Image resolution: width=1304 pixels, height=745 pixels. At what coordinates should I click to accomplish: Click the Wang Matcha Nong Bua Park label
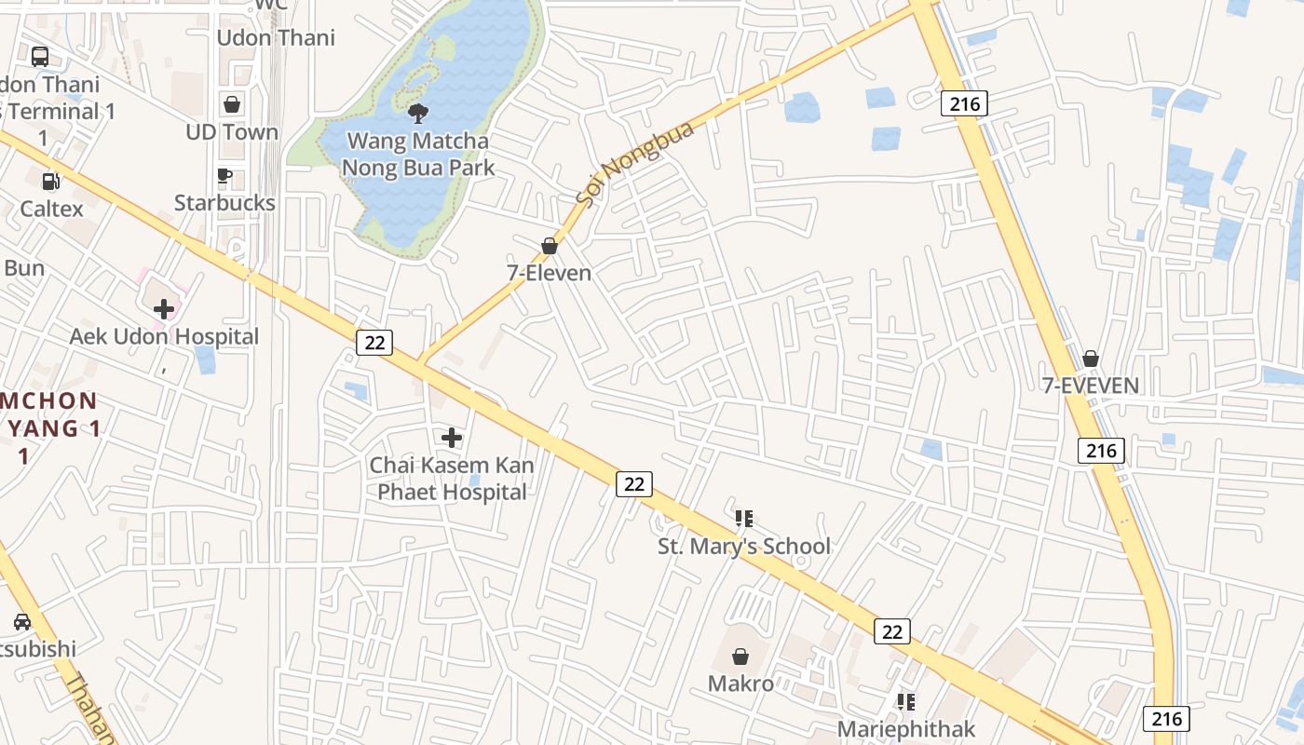click(417, 155)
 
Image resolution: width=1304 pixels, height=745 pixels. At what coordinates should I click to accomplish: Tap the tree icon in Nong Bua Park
click(418, 114)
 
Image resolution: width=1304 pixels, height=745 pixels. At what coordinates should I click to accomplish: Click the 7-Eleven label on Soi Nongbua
click(550, 273)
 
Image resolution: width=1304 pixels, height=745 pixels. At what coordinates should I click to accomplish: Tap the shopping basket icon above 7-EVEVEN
click(1091, 359)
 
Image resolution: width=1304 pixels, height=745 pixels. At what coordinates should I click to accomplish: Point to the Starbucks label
click(224, 203)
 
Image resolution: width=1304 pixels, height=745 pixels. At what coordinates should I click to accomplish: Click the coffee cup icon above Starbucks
click(224, 175)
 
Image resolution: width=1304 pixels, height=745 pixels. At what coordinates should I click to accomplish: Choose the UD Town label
click(232, 132)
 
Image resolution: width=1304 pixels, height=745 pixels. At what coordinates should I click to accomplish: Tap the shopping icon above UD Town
click(232, 104)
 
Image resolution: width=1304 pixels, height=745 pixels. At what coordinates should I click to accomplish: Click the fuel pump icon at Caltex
click(51, 181)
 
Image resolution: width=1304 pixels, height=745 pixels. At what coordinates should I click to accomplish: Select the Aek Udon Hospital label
click(164, 336)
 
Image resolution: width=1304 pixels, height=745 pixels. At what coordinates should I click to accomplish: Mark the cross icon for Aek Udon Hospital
click(164, 308)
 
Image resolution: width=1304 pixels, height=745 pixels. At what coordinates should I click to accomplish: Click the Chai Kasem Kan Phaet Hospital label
click(452, 479)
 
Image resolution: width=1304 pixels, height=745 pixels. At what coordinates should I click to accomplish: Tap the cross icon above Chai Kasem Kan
click(452, 437)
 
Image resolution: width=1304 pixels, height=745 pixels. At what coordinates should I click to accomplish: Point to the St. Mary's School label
click(743, 547)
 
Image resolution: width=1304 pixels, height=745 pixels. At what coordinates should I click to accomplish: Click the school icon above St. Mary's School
click(743, 519)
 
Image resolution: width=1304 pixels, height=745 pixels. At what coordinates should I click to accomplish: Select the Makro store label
click(740, 684)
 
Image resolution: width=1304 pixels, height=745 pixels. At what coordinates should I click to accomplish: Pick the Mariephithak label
click(905, 729)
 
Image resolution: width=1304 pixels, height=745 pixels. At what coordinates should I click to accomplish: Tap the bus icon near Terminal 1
click(40, 57)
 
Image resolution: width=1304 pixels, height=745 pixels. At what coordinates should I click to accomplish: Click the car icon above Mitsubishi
click(22, 621)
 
